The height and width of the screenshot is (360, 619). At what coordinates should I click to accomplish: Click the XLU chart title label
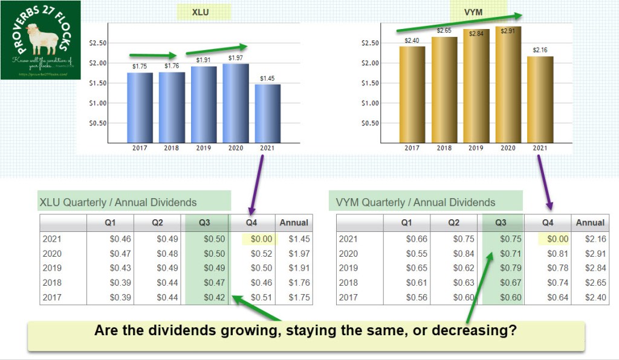tap(204, 12)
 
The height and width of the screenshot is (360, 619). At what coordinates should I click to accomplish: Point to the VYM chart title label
tap(475, 12)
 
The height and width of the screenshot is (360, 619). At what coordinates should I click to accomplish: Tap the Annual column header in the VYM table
tap(590, 222)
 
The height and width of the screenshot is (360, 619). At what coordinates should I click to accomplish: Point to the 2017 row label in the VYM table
tap(349, 297)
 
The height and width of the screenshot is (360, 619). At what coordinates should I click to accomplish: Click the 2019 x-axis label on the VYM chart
tap(475, 148)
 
